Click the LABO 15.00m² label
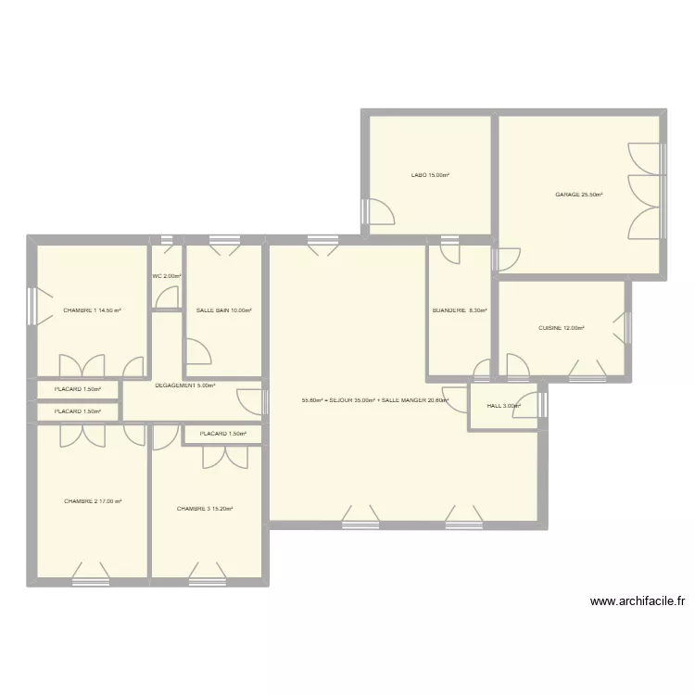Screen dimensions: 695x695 [430, 175]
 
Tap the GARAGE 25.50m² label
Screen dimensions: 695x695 [579, 195]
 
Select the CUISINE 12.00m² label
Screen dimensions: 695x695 [562, 328]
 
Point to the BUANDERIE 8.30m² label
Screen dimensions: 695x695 [460, 311]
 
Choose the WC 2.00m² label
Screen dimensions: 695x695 [167, 276]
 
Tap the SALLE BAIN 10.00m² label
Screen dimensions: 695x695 [224, 311]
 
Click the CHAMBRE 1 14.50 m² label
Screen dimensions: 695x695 [93, 311]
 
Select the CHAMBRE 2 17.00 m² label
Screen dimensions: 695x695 [93, 501]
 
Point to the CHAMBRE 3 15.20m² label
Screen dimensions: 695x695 [205, 509]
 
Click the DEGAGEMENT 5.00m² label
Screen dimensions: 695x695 [185, 385]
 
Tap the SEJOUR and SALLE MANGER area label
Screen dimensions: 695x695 [375, 401]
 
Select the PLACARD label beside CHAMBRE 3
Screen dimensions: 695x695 [222, 434]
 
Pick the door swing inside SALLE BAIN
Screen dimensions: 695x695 [198, 352]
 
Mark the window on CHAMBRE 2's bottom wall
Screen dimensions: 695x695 [91, 582]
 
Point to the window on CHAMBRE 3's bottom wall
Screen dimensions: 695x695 [207, 582]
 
